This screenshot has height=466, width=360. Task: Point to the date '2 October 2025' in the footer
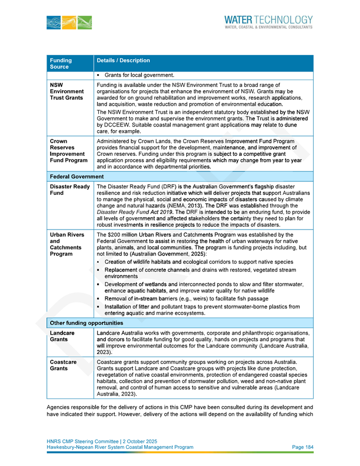point(140,441)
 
